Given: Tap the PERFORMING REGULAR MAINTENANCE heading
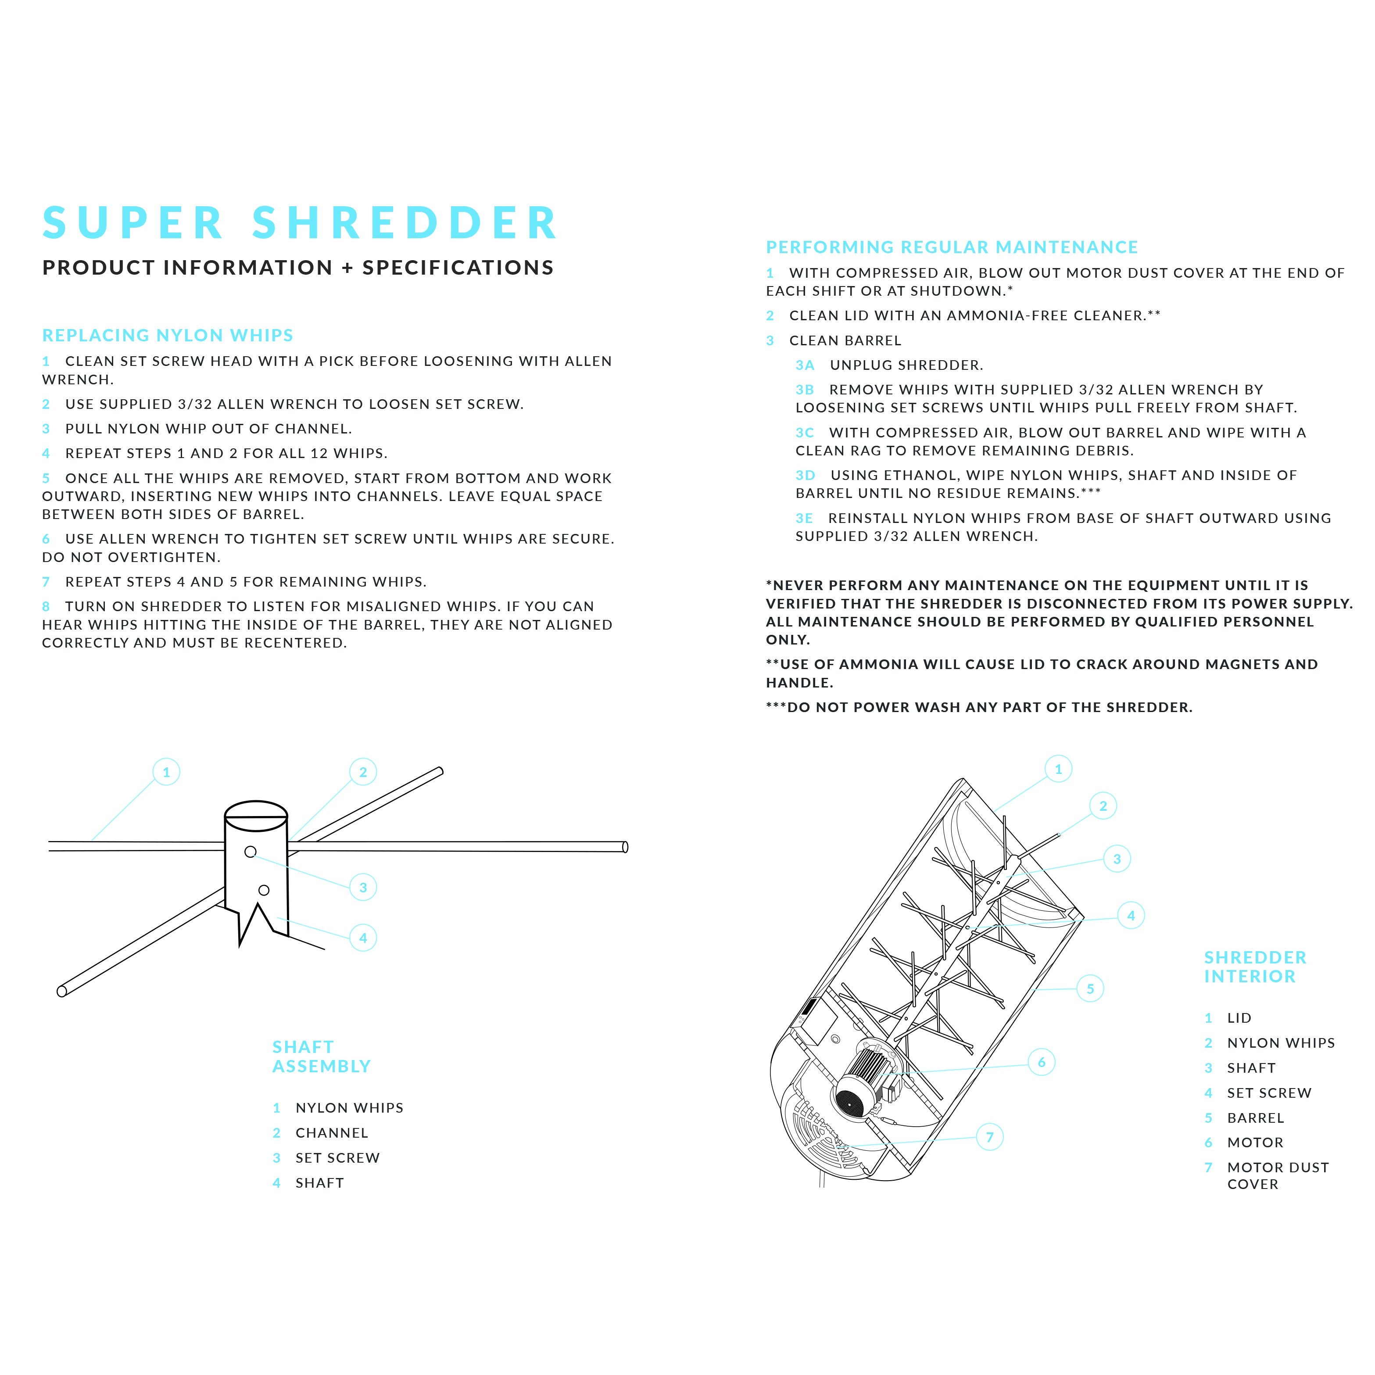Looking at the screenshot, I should point(952,247).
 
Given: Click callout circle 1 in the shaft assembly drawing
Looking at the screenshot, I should point(167,772).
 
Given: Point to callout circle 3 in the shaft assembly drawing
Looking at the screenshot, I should point(363,888).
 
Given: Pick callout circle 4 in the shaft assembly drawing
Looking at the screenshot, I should point(363,938).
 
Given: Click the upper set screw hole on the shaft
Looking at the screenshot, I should point(251,852).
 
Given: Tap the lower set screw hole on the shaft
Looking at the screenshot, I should point(264,890).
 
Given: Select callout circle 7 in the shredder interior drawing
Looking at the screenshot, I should point(989,1137).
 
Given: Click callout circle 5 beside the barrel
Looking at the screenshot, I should point(1090,988).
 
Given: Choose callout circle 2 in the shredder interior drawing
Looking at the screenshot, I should point(1103,806).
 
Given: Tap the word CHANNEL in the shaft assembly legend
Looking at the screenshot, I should point(332,1133).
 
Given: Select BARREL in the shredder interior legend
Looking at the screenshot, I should point(1255,1118).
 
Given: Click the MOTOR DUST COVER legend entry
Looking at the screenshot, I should point(1278,1176).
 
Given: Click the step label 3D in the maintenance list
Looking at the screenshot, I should point(805,476).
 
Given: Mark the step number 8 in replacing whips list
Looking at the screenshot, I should point(46,606).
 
